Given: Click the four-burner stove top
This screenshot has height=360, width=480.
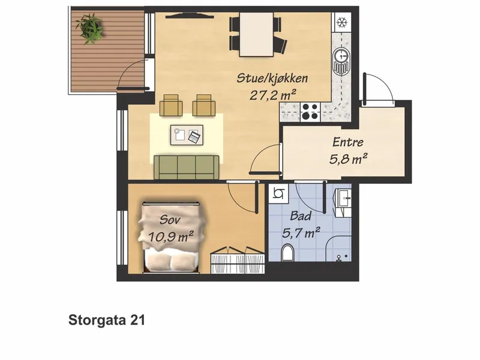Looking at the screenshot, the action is coord(310,112).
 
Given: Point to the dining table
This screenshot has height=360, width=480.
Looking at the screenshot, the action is coord(256,34).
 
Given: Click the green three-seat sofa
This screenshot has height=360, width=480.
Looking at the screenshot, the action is coord(187,167).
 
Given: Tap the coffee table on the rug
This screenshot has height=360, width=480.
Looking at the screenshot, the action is coord(187,134).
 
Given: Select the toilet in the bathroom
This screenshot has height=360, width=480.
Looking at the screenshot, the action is coord(287,253).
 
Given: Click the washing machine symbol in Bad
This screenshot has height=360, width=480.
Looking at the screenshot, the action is coord(278,193).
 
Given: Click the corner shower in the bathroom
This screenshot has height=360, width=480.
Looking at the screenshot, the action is coord(338,248).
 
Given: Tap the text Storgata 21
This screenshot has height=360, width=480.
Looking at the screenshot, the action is coord(107,320).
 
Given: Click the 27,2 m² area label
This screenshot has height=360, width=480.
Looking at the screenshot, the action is coord(273,95).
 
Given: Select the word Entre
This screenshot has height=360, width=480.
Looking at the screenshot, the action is coord(348,142).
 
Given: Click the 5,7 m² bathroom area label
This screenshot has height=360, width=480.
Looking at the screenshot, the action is coord(301,233).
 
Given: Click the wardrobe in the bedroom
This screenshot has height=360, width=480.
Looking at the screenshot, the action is coord(238,260).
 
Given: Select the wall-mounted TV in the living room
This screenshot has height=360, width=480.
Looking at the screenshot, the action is coord(189,16).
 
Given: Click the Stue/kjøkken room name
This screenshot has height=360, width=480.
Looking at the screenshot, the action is coord(272,79).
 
